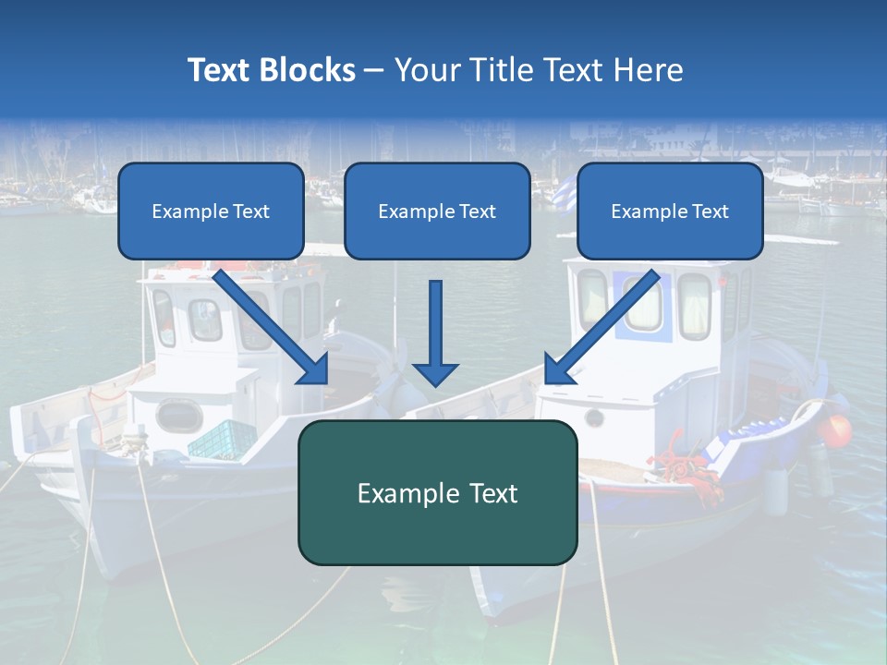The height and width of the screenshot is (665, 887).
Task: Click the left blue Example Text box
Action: click(211, 211)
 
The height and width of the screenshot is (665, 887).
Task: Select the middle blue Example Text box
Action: click(437, 211)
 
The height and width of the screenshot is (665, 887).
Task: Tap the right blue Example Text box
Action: click(670, 211)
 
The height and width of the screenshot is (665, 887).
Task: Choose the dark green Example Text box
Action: click(437, 492)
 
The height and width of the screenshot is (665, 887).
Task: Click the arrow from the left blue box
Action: click(273, 328)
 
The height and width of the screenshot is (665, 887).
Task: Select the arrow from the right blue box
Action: click(601, 328)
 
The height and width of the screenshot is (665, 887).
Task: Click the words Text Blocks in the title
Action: click(271, 70)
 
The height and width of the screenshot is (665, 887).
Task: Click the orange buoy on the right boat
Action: click(837, 429)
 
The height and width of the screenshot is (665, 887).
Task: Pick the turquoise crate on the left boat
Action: click(223, 439)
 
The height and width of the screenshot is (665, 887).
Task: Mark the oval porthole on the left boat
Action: click(178, 415)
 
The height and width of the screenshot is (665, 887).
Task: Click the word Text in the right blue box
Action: click(709, 211)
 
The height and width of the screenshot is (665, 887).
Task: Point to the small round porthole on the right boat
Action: click(594, 418)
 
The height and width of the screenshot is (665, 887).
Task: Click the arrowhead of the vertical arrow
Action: click(435, 373)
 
